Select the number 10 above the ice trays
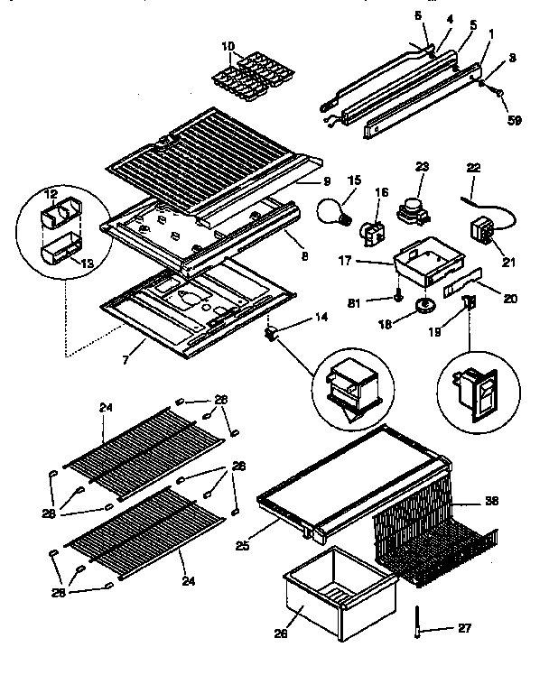(227, 45)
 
